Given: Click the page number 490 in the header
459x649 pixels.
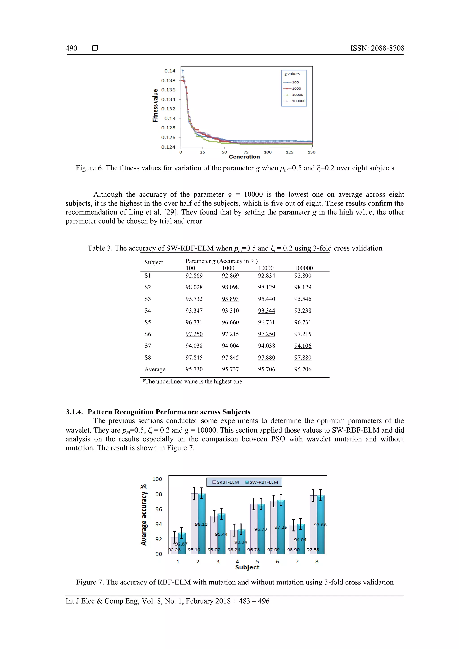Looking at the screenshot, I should click(x=71, y=48).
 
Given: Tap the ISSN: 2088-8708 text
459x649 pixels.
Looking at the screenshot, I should click(x=377, y=48).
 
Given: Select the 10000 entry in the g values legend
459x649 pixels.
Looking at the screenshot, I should click(x=297, y=95).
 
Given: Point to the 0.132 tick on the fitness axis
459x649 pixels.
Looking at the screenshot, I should click(x=168, y=109).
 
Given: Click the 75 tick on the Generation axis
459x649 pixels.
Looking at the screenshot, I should click(x=246, y=152).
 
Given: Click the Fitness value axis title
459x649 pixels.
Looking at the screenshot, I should click(x=155, y=106).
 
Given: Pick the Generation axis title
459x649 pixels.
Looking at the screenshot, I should click(x=244, y=157).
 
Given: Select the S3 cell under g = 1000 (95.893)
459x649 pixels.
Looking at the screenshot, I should click(x=230, y=299).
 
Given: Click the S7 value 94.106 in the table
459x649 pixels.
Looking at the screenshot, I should click(x=303, y=346).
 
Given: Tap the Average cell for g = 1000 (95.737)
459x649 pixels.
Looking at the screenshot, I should click(x=230, y=369).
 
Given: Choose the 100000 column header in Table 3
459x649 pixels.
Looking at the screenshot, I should click(x=303, y=268).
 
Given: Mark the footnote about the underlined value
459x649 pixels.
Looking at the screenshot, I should click(x=192, y=381).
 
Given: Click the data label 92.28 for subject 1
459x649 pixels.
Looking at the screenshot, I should click(x=174, y=550).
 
